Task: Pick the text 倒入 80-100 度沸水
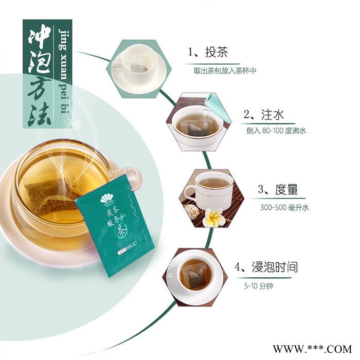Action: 276,131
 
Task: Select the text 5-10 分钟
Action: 259,285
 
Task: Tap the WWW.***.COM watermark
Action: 318,348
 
